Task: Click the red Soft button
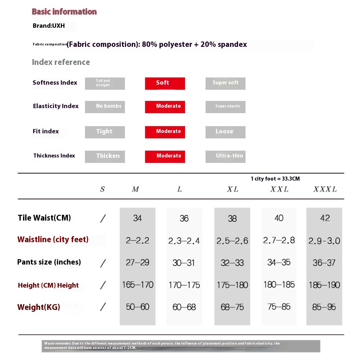[x=165, y=83]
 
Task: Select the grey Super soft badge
[x=225, y=83]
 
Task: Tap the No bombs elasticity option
[x=105, y=107]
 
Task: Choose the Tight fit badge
[x=105, y=132]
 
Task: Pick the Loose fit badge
[x=225, y=132]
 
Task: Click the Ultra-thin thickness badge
[x=225, y=156]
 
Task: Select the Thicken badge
[x=105, y=156]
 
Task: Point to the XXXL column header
[x=325, y=189]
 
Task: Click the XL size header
[x=233, y=189]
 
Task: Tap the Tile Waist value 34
[x=138, y=218]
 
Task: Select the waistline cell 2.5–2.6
[x=232, y=241]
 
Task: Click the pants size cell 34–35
[x=279, y=262]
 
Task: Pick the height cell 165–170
[x=138, y=285]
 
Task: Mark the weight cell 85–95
[x=324, y=307]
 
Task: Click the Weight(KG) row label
[x=39, y=307]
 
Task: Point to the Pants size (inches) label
[x=49, y=262]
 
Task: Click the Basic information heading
[x=64, y=12]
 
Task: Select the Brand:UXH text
[x=48, y=26]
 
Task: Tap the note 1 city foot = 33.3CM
[x=275, y=179]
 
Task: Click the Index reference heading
[x=61, y=62]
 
